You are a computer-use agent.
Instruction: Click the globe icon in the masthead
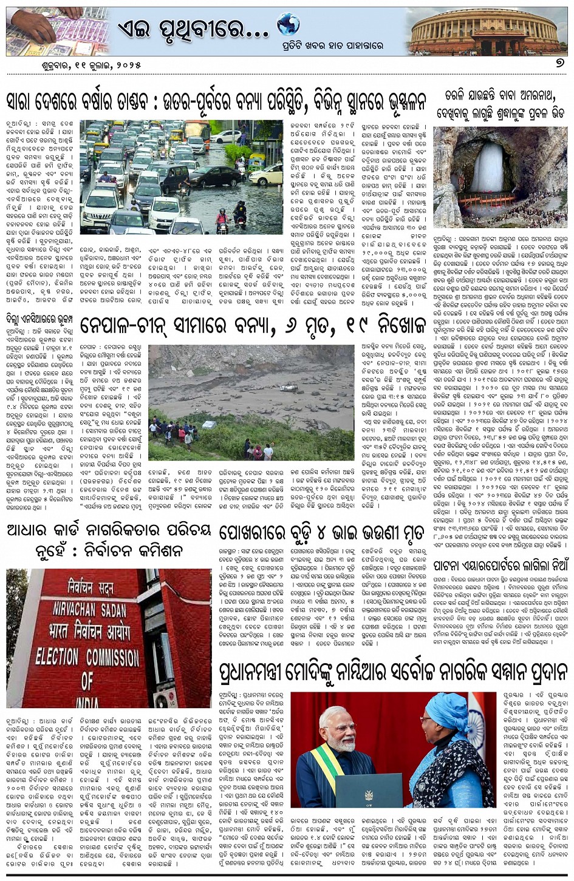288,25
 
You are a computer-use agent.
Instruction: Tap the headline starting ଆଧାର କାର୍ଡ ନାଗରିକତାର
108,541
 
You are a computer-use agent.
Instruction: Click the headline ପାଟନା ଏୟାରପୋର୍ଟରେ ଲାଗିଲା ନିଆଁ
500,565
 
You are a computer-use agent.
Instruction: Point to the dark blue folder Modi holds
371,789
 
